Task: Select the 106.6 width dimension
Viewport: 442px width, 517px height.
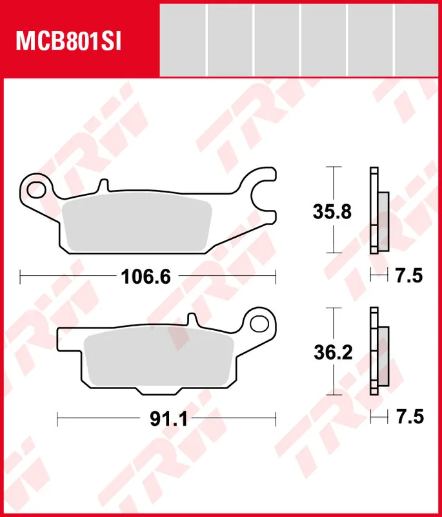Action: click(146, 277)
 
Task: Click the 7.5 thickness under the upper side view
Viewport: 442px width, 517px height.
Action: click(408, 277)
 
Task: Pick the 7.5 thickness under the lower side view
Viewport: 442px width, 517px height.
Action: click(408, 419)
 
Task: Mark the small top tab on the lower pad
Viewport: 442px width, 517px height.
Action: click(191, 320)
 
